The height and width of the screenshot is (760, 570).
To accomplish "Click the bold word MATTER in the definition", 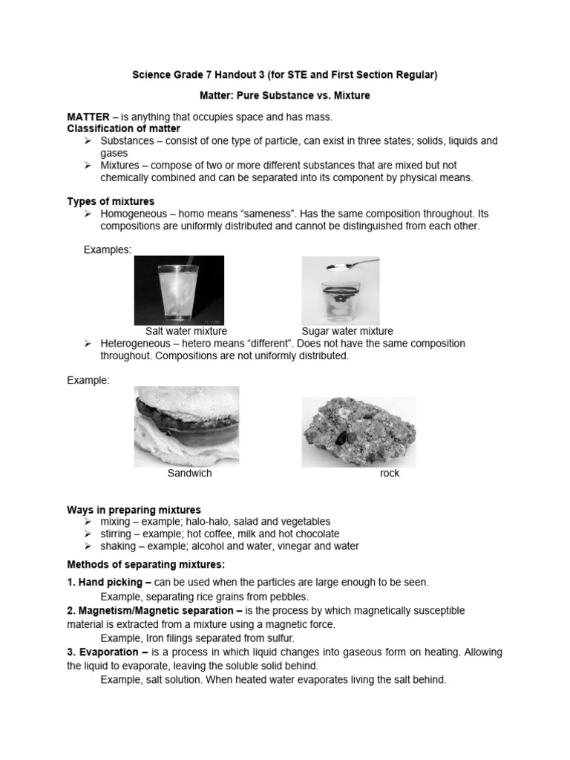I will pyautogui.click(x=88, y=117).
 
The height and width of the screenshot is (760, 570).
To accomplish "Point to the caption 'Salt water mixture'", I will pyautogui.click(x=186, y=331).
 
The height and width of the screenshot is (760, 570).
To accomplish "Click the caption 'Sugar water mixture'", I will pyautogui.click(x=347, y=331).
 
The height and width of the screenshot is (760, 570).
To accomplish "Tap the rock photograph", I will pyautogui.click(x=358, y=431).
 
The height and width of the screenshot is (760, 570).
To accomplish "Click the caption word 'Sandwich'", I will pyautogui.click(x=189, y=473).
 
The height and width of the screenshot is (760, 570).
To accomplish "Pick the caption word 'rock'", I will pyautogui.click(x=390, y=473).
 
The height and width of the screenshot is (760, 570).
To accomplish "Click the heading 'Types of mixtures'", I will pyautogui.click(x=111, y=201).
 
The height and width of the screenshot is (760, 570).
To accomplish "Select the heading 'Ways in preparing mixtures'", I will pyautogui.click(x=134, y=510).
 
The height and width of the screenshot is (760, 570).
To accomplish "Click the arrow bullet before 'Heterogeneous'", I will pyautogui.click(x=87, y=344).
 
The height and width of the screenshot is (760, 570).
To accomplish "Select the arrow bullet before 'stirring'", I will pyautogui.click(x=87, y=534).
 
